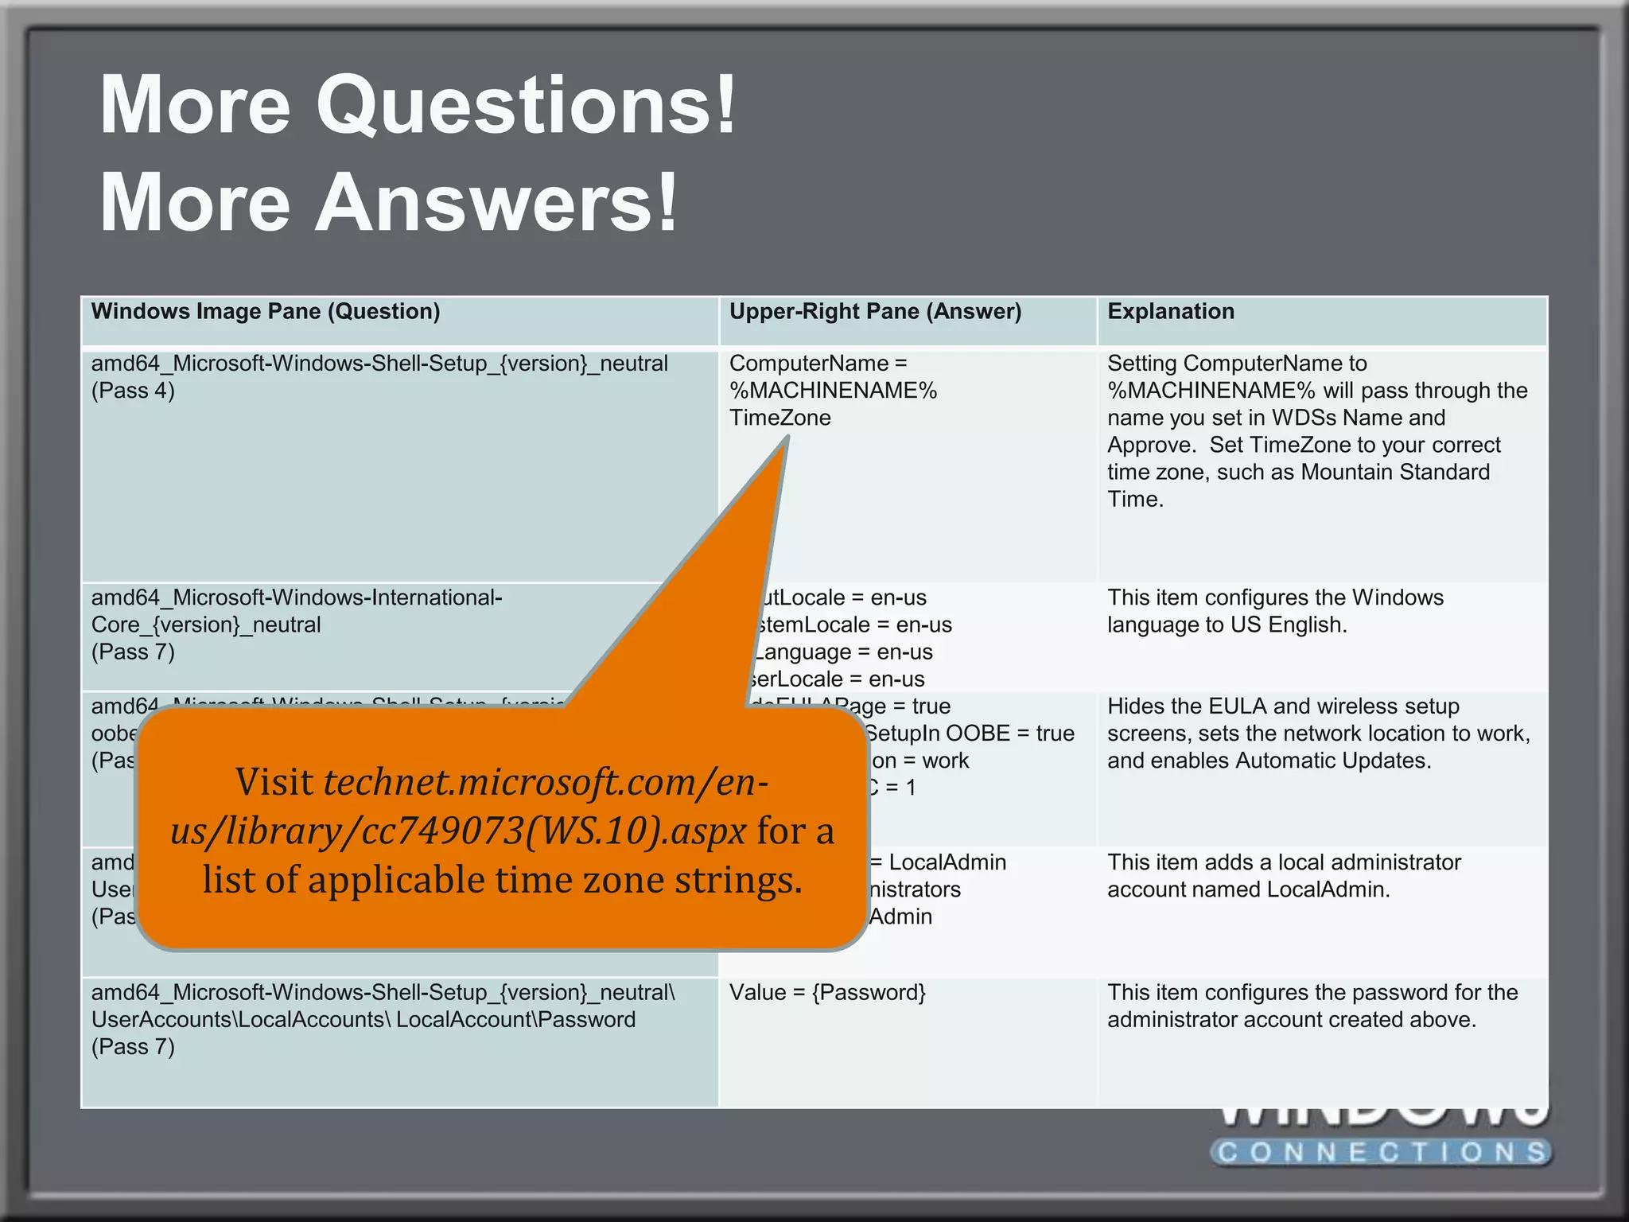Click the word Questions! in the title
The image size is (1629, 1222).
[525, 105]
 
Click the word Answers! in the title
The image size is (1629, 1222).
[496, 202]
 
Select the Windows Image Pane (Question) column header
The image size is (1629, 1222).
[265, 311]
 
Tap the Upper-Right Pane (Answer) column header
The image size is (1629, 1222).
[875, 311]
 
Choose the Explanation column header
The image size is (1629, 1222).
[1170, 311]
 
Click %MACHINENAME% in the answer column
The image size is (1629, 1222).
[833, 391]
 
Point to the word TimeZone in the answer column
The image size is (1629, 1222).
[780, 418]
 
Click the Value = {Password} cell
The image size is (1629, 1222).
[827, 993]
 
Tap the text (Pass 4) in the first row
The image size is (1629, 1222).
[133, 391]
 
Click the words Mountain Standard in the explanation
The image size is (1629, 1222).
[1394, 472]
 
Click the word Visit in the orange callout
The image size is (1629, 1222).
[274, 782]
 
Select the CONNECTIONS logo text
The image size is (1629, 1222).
[1382, 1152]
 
